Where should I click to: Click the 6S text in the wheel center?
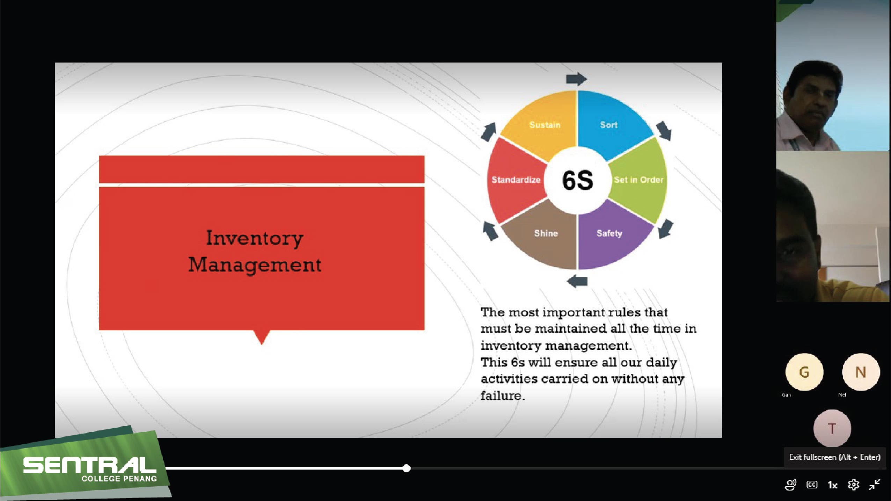point(578,180)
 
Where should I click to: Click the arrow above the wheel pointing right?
point(577,79)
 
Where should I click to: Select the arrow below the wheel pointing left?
point(577,281)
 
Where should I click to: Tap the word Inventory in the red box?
point(255,239)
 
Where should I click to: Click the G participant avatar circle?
point(804,372)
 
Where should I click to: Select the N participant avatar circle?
point(861,372)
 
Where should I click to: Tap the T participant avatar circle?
point(832,428)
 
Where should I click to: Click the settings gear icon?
point(853,485)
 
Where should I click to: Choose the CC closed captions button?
point(812,485)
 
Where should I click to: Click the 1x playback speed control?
point(832,485)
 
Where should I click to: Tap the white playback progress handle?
point(406,468)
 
